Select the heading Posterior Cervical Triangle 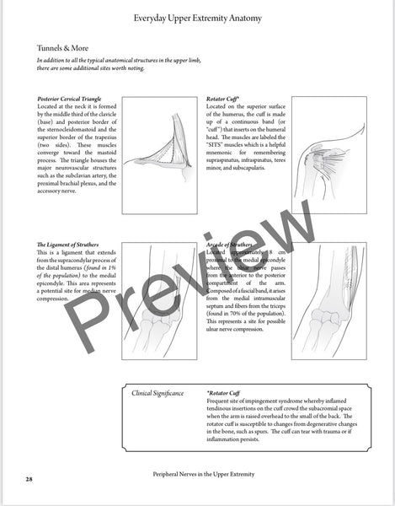(73, 99)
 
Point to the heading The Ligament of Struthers (72, 244)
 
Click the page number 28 (29, 479)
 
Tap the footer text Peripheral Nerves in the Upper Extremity (200, 474)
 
